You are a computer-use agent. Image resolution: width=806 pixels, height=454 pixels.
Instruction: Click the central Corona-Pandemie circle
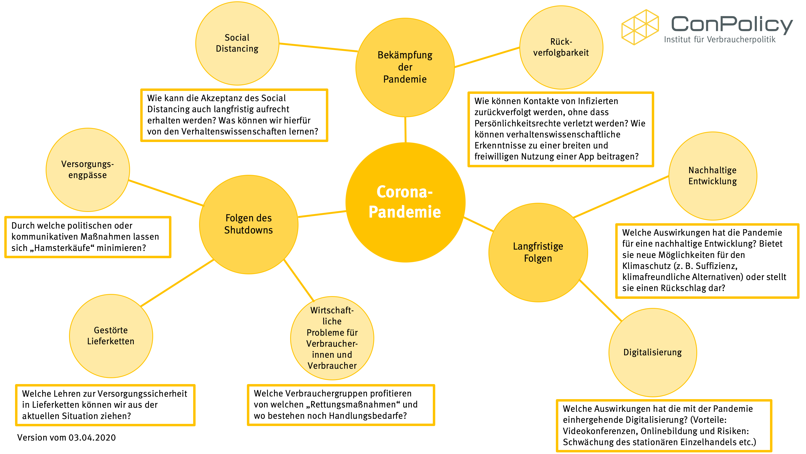coord(405,202)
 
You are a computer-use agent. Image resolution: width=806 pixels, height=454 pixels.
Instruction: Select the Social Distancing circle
coord(237,43)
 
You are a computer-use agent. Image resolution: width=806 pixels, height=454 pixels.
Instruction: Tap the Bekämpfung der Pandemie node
coord(405,67)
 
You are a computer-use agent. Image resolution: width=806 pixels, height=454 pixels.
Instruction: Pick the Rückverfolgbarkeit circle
coord(561,47)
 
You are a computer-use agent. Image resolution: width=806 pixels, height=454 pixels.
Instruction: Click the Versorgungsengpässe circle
coord(88,169)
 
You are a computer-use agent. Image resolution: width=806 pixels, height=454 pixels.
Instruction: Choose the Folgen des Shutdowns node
coord(249,224)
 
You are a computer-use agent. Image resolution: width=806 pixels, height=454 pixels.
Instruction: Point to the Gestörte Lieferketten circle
coord(111,336)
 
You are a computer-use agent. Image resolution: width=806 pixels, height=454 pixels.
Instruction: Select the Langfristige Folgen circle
coord(538,252)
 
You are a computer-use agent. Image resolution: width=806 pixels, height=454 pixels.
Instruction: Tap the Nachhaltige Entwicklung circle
coord(713,176)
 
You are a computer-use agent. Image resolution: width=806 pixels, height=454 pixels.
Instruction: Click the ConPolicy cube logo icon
coord(640,27)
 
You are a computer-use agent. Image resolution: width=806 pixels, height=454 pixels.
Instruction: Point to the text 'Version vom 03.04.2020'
coord(66,437)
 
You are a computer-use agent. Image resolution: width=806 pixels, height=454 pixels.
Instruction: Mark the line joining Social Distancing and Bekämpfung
coord(318,47)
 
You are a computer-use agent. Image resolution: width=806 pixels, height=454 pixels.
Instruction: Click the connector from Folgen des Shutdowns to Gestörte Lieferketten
coord(177,283)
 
